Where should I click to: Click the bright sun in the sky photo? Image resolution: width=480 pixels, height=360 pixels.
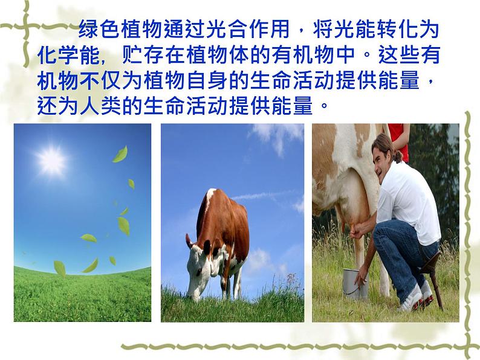[x=51, y=160]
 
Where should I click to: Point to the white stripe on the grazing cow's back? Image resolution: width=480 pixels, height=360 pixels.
[x=211, y=196]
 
